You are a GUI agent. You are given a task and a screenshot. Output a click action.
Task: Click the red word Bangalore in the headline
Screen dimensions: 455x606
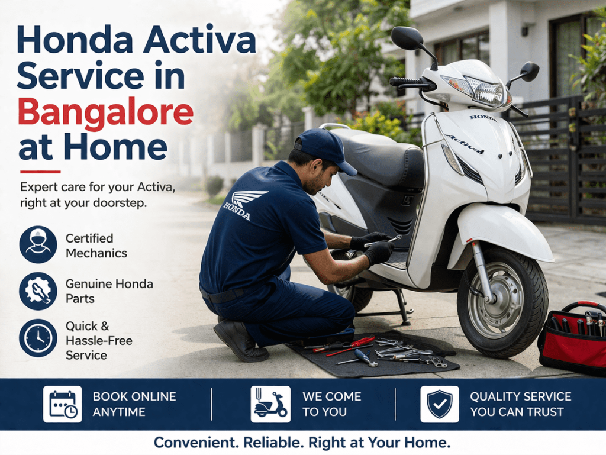[106, 112]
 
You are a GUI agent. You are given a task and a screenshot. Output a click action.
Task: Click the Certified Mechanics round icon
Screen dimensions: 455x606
[38, 245]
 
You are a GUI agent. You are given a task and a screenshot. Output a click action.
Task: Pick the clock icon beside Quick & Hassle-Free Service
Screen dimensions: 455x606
[38, 338]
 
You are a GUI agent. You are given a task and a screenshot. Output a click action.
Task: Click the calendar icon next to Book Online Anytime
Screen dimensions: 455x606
[62, 404]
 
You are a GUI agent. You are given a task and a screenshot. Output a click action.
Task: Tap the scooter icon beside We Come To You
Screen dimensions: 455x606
[270, 404]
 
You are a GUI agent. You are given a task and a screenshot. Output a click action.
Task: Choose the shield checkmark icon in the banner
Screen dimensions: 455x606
[439, 404]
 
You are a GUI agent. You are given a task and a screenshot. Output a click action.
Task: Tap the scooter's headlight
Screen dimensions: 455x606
[484, 92]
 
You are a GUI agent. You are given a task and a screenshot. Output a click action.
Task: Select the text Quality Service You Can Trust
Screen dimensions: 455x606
[521, 404]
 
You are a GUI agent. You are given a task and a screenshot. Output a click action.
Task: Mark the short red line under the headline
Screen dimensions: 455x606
[40, 172]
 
